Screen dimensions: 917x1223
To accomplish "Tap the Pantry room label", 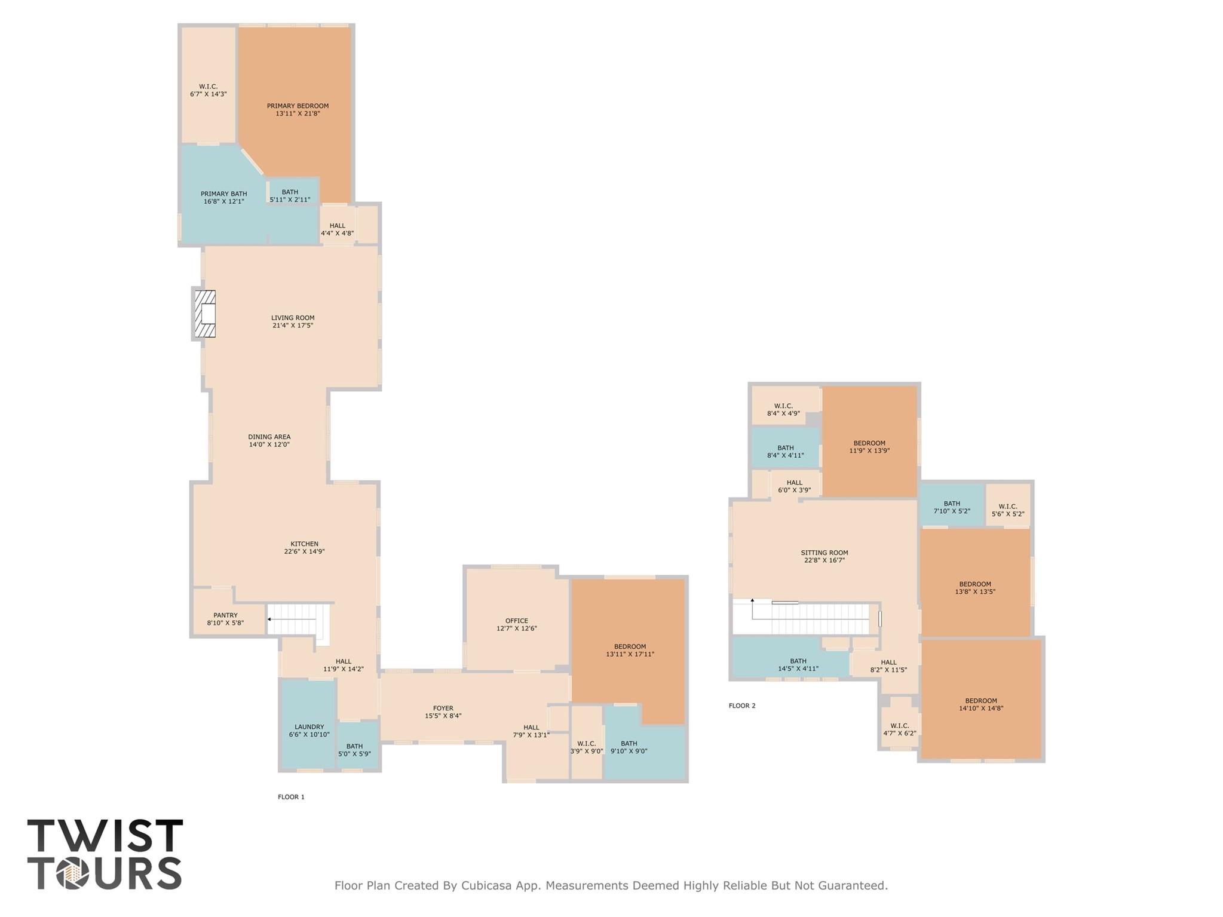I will pos(225,615).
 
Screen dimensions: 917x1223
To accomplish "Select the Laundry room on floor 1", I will pos(309,730).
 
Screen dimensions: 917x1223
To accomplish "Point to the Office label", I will pos(516,621).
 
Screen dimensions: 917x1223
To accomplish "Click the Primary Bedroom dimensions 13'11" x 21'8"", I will pos(298,114).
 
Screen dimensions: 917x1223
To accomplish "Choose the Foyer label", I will pos(443,708).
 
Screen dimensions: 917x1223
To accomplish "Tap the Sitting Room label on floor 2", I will pos(824,553).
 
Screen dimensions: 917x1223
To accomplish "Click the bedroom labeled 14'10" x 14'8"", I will pos(980,704).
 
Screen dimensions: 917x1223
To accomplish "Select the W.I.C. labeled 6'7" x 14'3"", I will pos(208,90).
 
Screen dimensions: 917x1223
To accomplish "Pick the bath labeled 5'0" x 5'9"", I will pos(354,750).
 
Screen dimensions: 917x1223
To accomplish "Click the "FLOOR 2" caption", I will pos(741,706).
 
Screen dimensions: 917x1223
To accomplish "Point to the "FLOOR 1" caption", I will pos(291,797).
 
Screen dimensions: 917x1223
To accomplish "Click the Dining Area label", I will pos(269,437).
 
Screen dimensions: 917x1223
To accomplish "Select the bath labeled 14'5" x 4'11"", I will pos(798,665).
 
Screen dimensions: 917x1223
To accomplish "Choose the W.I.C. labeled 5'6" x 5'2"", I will pos(1007,510).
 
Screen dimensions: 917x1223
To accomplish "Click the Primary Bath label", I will pos(223,194).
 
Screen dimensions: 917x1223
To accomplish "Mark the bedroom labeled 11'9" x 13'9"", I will pos(869,447).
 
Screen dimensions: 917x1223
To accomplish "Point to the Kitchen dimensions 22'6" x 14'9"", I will pos(304,551).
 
